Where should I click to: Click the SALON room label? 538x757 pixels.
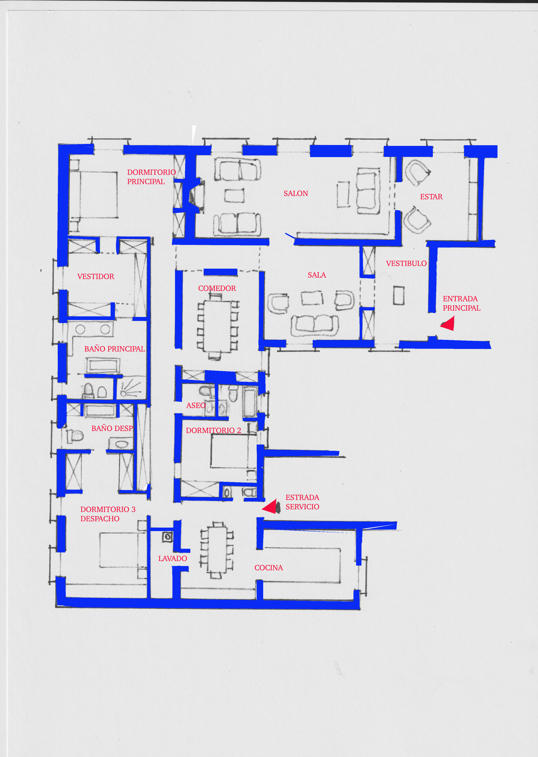pyautogui.click(x=296, y=193)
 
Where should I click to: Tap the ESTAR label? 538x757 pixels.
pyautogui.click(x=431, y=197)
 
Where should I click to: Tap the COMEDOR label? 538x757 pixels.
pyautogui.click(x=217, y=288)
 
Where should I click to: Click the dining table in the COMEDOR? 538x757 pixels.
pyautogui.click(x=217, y=326)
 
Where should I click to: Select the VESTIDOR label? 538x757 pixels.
pyautogui.click(x=96, y=276)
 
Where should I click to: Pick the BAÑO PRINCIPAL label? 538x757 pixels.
pyautogui.click(x=115, y=349)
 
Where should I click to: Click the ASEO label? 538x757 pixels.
pyautogui.click(x=195, y=405)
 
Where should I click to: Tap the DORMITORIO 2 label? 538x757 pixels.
pyautogui.click(x=213, y=430)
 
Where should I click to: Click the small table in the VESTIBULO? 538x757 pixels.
pyautogui.click(x=399, y=295)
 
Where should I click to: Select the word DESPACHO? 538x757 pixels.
pyautogui.click(x=100, y=519)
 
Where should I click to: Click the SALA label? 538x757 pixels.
pyautogui.click(x=317, y=275)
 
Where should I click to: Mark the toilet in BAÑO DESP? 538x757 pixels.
pyautogui.click(x=75, y=436)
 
